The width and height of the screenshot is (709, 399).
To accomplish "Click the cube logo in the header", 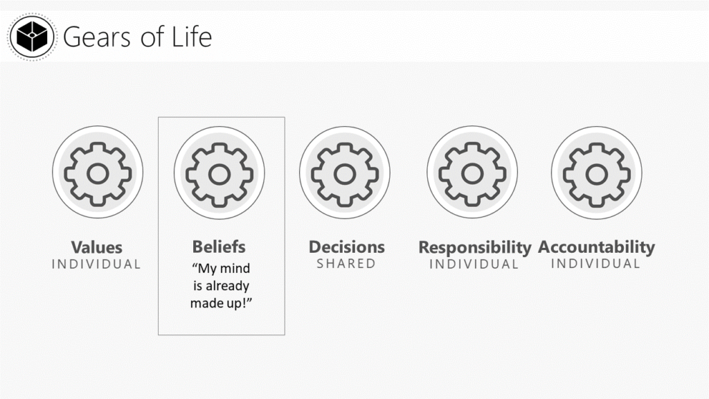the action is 32,36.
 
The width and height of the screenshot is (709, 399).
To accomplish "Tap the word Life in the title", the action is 192,36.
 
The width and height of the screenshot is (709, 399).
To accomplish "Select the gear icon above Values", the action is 98,173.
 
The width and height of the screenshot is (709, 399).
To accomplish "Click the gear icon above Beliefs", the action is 219,174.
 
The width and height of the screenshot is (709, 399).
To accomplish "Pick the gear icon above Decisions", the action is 345,174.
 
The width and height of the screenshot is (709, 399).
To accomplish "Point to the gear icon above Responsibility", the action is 472,173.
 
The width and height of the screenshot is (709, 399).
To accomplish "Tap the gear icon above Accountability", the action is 596,174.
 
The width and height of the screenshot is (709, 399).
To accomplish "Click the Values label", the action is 97,247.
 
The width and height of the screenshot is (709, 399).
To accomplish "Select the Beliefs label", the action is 219,247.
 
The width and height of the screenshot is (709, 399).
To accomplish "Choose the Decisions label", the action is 346,247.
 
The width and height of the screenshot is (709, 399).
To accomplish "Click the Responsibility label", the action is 474,248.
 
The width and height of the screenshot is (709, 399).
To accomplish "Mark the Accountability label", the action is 596,247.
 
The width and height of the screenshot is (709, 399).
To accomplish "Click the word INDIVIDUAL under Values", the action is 96,264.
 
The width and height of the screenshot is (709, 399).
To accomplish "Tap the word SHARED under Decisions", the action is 346,264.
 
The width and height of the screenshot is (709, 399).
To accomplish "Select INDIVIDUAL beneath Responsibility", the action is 474,264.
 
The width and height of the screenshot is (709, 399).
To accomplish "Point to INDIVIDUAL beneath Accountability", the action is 595,264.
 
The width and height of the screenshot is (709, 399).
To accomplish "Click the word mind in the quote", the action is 235,268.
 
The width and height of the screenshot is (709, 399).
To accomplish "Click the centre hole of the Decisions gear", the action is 345,174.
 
